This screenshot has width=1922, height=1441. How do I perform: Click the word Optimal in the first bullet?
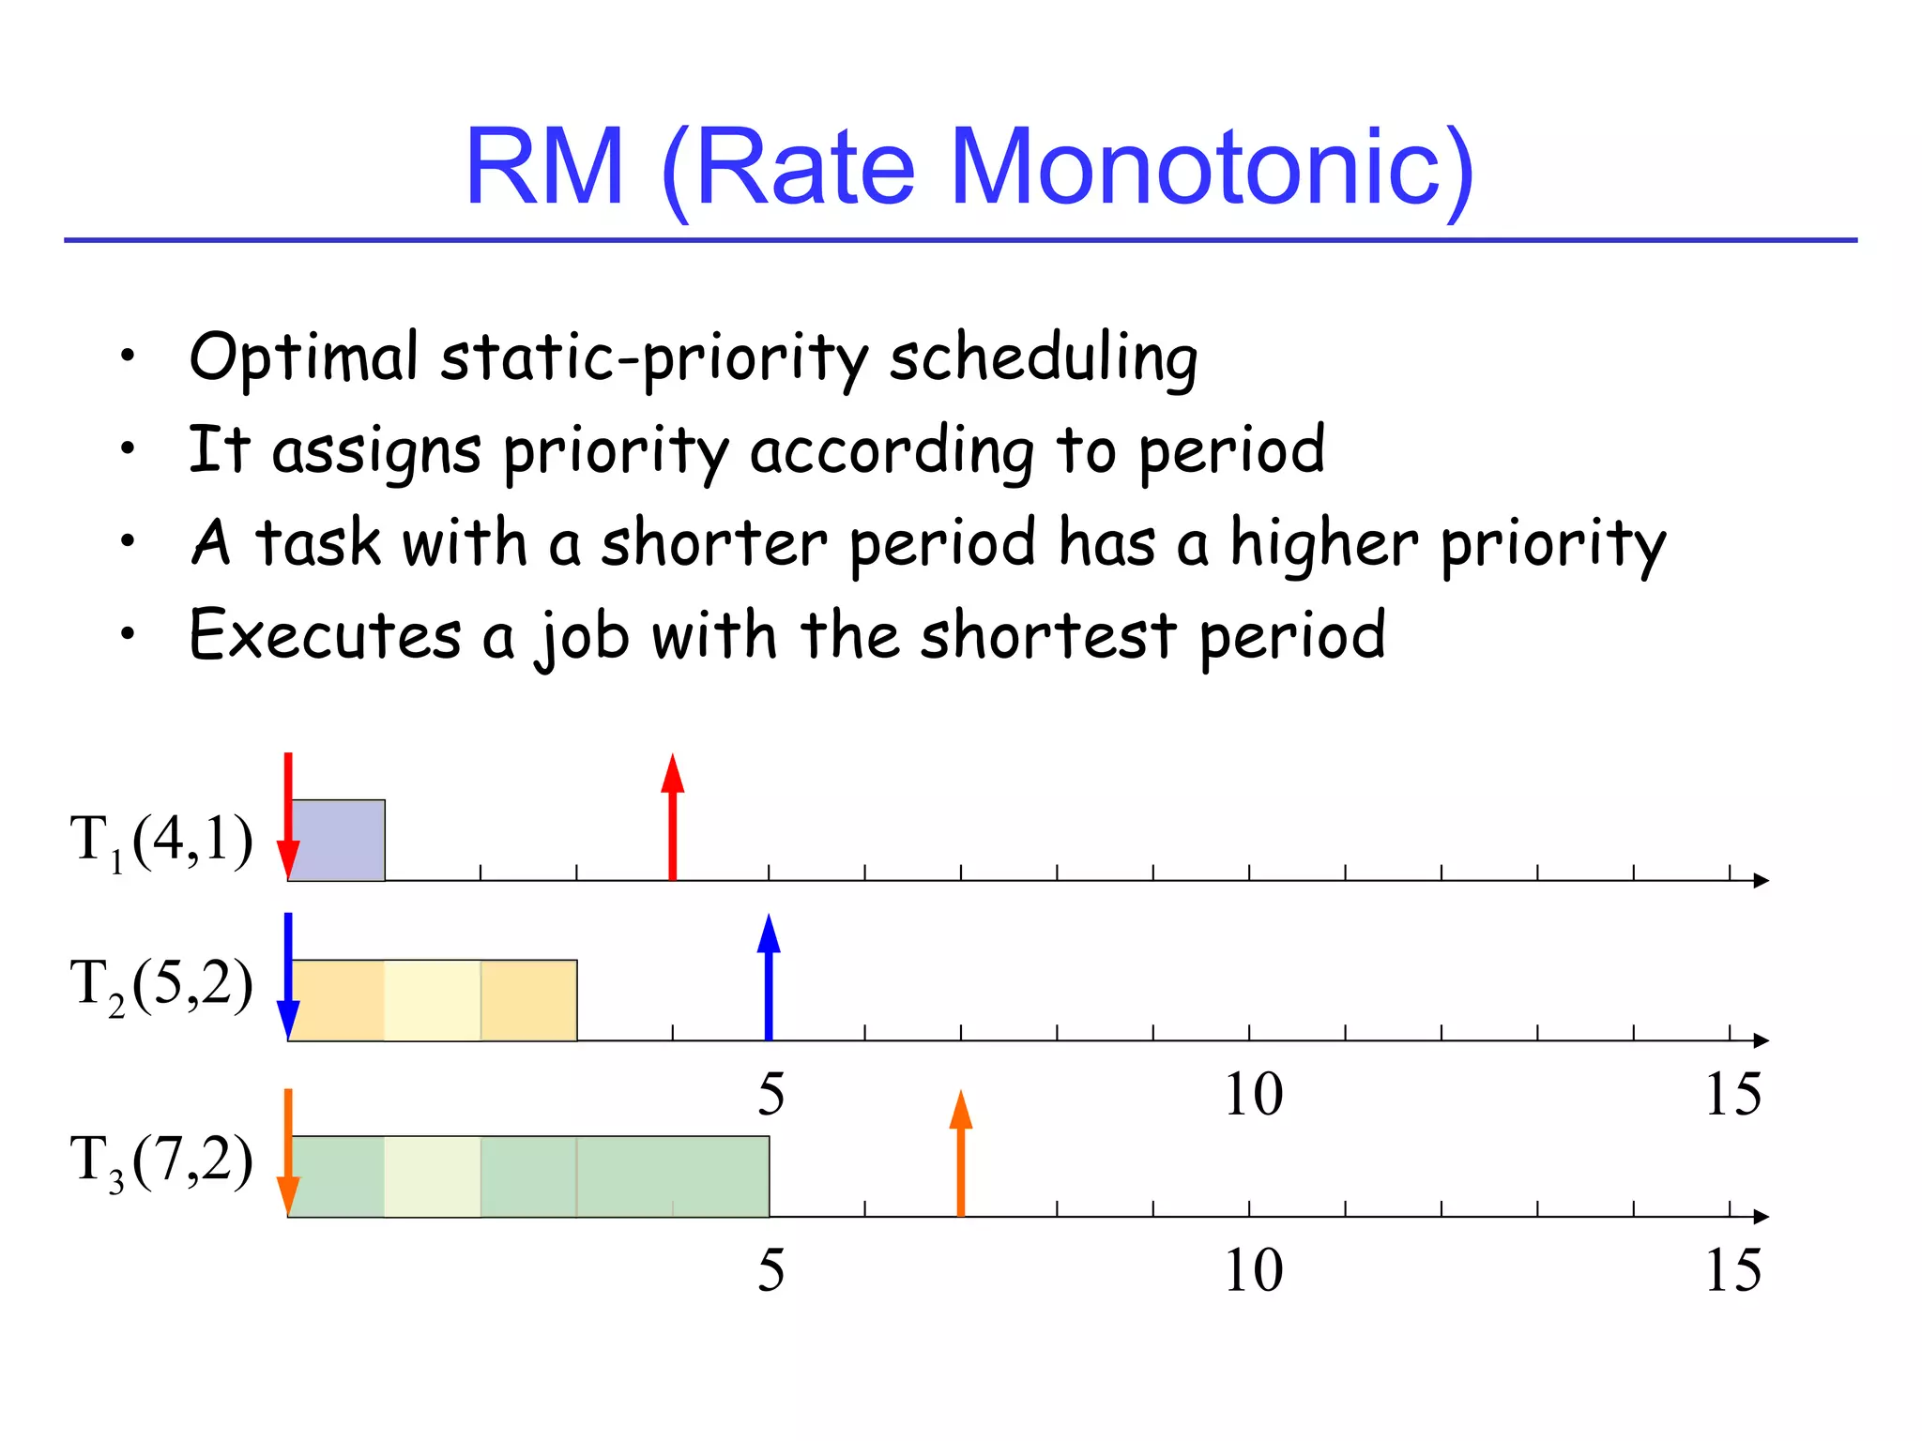[x=303, y=358]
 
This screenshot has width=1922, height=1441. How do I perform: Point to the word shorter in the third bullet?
[x=713, y=544]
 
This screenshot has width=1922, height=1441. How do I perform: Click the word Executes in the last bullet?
[x=325, y=636]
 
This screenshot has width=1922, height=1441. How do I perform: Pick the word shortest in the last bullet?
[x=1047, y=636]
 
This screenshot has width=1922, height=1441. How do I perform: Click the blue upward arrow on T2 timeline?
[x=769, y=976]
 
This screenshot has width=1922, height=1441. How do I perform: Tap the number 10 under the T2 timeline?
[x=1253, y=1094]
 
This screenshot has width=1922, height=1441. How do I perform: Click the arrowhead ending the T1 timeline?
[x=1761, y=880]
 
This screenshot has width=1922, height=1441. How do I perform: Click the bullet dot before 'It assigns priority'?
[x=128, y=448]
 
